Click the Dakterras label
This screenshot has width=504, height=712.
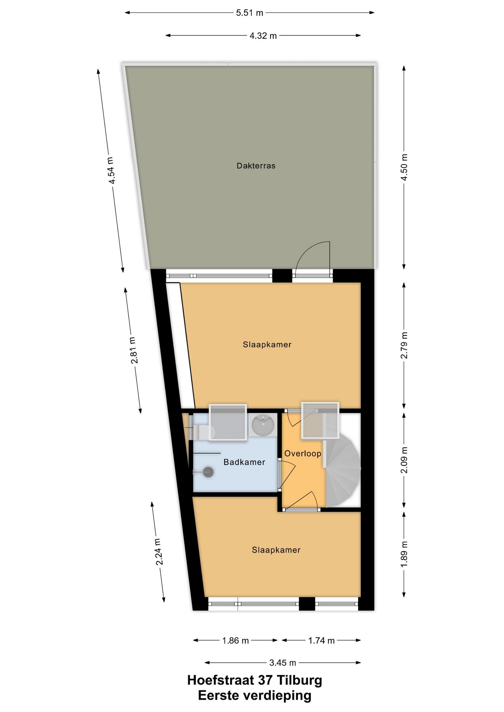click(x=256, y=166)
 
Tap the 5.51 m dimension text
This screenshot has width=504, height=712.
click(x=249, y=13)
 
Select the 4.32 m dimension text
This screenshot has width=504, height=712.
click(x=263, y=36)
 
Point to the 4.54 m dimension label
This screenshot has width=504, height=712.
click(x=111, y=171)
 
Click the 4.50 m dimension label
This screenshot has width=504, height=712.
click(x=404, y=167)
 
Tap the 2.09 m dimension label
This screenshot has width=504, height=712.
click(x=404, y=460)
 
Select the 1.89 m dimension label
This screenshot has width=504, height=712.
click(x=404, y=554)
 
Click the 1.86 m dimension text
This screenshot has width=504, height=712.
click(x=235, y=640)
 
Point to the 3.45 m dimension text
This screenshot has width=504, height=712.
click(x=282, y=662)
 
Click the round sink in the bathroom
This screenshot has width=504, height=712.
click(x=263, y=425)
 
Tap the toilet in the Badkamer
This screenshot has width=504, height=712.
click(x=205, y=432)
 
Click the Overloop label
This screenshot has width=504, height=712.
click(x=302, y=453)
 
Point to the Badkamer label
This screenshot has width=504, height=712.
click(x=244, y=462)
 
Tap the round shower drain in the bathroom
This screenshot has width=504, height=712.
click(x=208, y=472)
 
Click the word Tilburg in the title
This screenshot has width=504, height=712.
click(x=300, y=680)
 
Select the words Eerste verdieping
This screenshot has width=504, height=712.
click(x=255, y=695)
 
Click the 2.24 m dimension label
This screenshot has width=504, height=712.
click(x=158, y=551)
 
